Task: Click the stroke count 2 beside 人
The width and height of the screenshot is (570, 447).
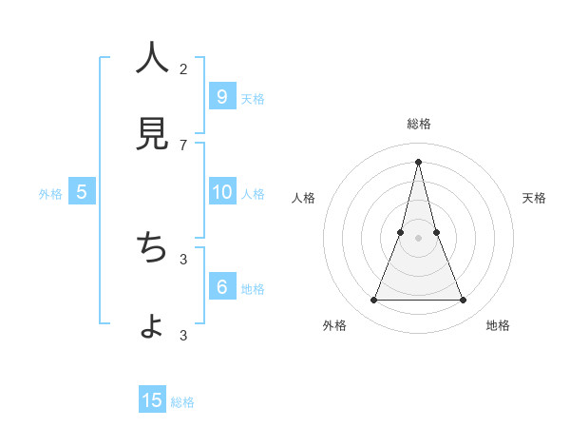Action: click(183, 68)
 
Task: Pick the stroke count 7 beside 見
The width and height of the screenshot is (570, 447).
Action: click(183, 145)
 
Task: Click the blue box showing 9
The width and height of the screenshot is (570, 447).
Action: click(221, 96)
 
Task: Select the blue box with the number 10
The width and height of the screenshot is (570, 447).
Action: click(221, 192)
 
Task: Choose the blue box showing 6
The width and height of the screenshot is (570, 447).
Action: click(221, 287)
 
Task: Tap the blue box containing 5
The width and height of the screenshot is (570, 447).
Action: click(82, 192)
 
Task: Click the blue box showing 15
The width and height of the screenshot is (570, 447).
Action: click(152, 400)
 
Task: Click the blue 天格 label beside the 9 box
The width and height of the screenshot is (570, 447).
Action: click(253, 99)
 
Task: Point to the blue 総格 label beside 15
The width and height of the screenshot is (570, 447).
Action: click(182, 402)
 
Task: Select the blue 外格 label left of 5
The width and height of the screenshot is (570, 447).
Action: click(50, 194)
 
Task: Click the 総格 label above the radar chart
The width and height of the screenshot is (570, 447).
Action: click(418, 125)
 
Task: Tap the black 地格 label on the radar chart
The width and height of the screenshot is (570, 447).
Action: click(498, 326)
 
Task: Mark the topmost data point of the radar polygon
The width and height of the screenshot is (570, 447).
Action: click(418, 161)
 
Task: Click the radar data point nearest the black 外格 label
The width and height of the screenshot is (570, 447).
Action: click(373, 301)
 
